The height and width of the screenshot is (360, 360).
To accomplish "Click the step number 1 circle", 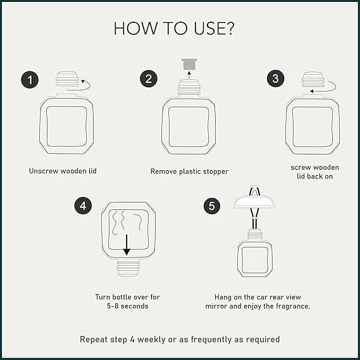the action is [x=30, y=80].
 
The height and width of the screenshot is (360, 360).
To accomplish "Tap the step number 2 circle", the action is [x=149, y=78].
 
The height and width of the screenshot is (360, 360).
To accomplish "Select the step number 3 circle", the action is [x=275, y=78].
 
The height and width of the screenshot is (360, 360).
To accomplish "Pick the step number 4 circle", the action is [x=83, y=206].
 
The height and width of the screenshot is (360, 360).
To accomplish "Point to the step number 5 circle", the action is [x=212, y=206].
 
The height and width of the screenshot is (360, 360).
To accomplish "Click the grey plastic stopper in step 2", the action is [x=189, y=65].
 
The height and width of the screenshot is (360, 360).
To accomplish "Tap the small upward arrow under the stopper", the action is [x=189, y=75].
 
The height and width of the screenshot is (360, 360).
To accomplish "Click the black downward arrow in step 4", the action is [x=127, y=245].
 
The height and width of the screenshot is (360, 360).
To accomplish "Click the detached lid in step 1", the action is [x=67, y=78].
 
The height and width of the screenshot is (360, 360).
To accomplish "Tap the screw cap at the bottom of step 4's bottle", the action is [x=128, y=268].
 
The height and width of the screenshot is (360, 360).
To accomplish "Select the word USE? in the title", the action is [x=214, y=28].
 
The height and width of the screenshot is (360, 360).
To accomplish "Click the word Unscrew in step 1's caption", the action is [x=44, y=171].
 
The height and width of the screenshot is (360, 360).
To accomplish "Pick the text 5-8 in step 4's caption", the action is [x=113, y=306].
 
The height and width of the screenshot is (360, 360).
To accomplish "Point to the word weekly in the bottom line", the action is [x=151, y=339].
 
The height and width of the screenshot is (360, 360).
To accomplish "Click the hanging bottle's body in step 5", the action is [x=255, y=259].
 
